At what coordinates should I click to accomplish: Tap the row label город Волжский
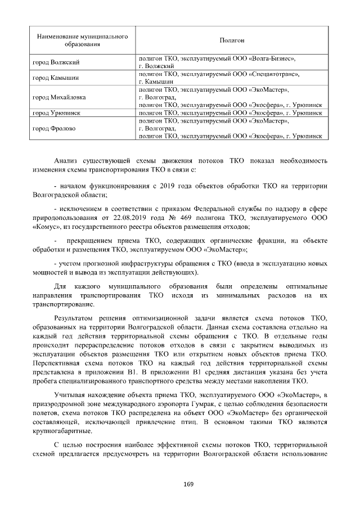(56, 61)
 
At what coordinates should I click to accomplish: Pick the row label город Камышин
(56, 78)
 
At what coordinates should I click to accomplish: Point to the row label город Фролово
(55, 128)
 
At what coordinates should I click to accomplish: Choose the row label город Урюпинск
(57, 113)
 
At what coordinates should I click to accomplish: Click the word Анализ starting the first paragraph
(66, 160)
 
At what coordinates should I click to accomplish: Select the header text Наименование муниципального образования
(82, 39)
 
